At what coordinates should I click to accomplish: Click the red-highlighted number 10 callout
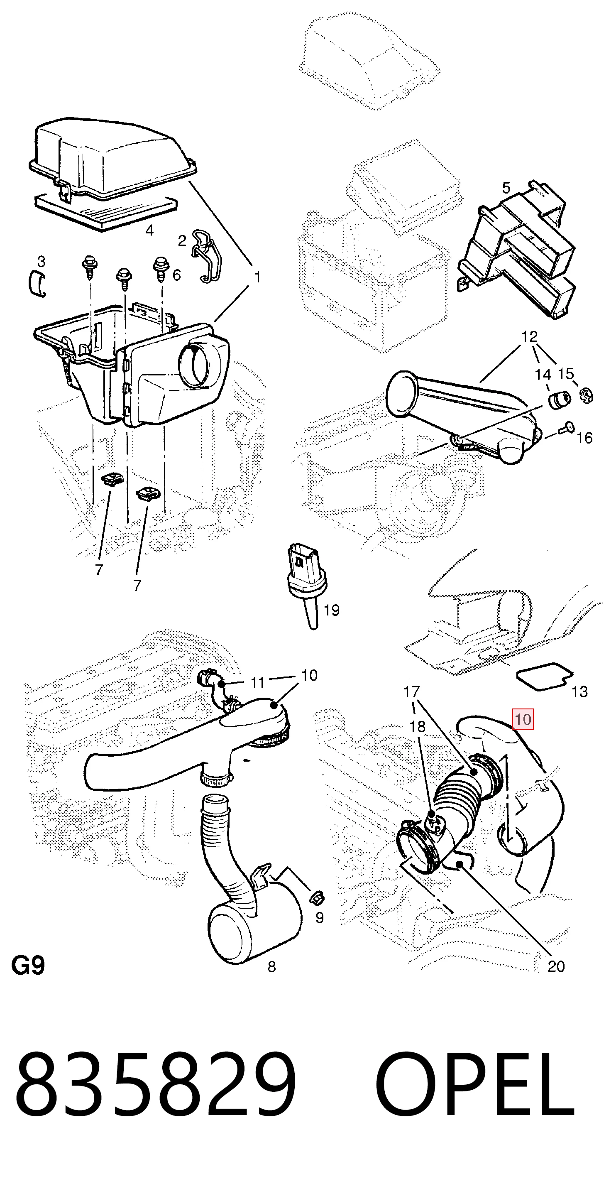coord(523,719)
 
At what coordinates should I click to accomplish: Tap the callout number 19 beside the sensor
coord(332,610)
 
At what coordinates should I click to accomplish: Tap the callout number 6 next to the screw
coord(176,275)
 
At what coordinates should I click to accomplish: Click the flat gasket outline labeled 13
coord(544,675)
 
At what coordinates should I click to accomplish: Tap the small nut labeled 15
coord(586,395)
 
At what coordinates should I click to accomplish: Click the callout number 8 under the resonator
coord(271,967)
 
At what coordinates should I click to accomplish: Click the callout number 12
coord(530,336)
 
